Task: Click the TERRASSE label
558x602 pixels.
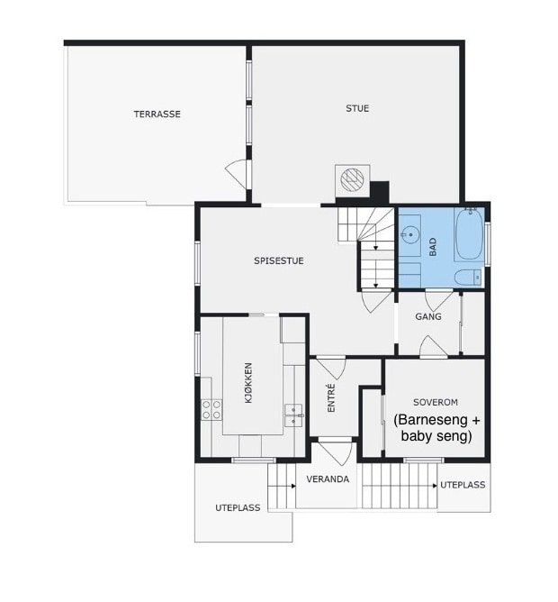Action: (157, 114)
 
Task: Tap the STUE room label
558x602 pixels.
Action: (357, 108)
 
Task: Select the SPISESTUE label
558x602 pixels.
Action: (279, 260)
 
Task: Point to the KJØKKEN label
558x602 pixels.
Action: (248, 383)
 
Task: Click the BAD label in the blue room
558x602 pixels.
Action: (433, 247)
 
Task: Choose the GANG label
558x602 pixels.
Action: (428, 316)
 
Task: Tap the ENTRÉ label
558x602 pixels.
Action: (332, 398)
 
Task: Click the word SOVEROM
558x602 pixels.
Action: (436, 402)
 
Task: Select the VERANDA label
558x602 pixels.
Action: (328, 479)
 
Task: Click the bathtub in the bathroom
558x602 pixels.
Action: (469, 235)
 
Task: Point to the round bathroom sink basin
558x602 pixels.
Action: (409, 233)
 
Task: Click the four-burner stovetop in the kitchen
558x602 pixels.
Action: (211, 410)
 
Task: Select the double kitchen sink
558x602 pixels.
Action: (293, 415)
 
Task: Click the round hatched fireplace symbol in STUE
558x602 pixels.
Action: (353, 179)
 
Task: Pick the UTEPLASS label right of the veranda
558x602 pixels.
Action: (463, 485)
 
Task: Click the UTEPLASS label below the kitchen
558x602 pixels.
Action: (238, 508)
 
